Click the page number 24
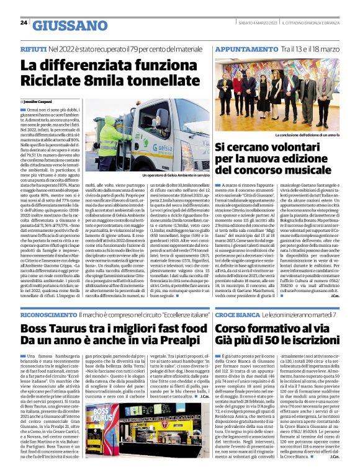click(x=24, y=23)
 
